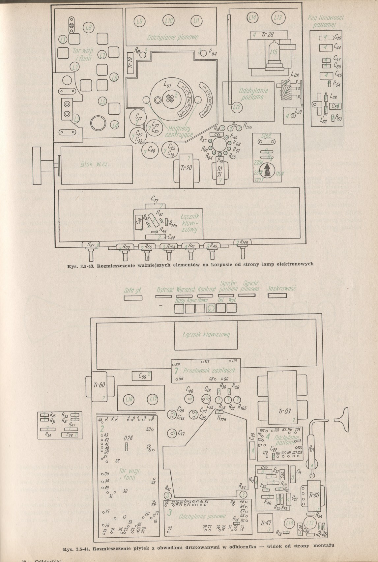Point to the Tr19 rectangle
pos(130,63)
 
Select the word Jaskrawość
pos(282,288)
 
